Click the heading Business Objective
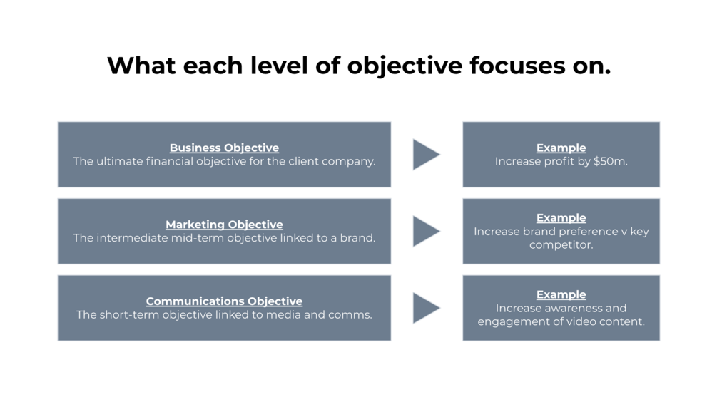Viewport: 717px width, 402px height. tap(224, 148)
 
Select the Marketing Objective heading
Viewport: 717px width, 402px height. tap(224, 225)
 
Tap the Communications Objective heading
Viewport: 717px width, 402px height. tap(224, 301)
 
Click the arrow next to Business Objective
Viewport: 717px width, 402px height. tap(426, 155)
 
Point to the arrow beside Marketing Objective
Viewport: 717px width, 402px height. tap(426, 231)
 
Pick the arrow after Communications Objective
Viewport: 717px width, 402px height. tap(426, 308)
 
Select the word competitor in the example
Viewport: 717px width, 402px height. tap(561, 245)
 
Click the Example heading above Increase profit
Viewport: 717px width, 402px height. tap(561, 148)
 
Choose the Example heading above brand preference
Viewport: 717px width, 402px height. tap(561, 218)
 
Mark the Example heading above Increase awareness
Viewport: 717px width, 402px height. tap(561, 294)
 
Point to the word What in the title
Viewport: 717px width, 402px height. tap(141, 66)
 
